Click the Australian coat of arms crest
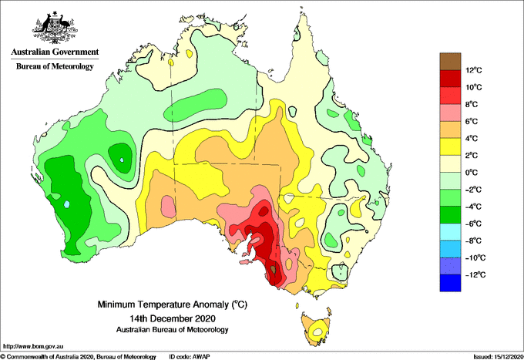click(x=55, y=28)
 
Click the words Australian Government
click(x=55, y=52)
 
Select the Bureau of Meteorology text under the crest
click(x=55, y=66)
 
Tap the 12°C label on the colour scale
click(x=474, y=70)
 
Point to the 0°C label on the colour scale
click(x=472, y=173)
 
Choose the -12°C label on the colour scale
click(x=475, y=274)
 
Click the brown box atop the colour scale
click(x=450, y=62)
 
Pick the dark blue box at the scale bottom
click(x=450, y=283)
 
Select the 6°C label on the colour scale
click(x=472, y=121)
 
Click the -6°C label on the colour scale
click(x=474, y=224)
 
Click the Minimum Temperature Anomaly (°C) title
click(x=173, y=304)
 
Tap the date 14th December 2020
click(x=173, y=318)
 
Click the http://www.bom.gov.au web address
click(x=33, y=346)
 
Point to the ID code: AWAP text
click(x=190, y=357)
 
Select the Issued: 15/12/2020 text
click(x=499, y=357)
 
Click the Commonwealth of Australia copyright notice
click(x=79, y=357)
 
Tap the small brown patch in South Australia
click(x=274, y=268)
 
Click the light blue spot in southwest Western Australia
click(x=67, y=204)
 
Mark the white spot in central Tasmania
click(x=317, y=332)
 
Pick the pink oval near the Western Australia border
click(x=168, y=205)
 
